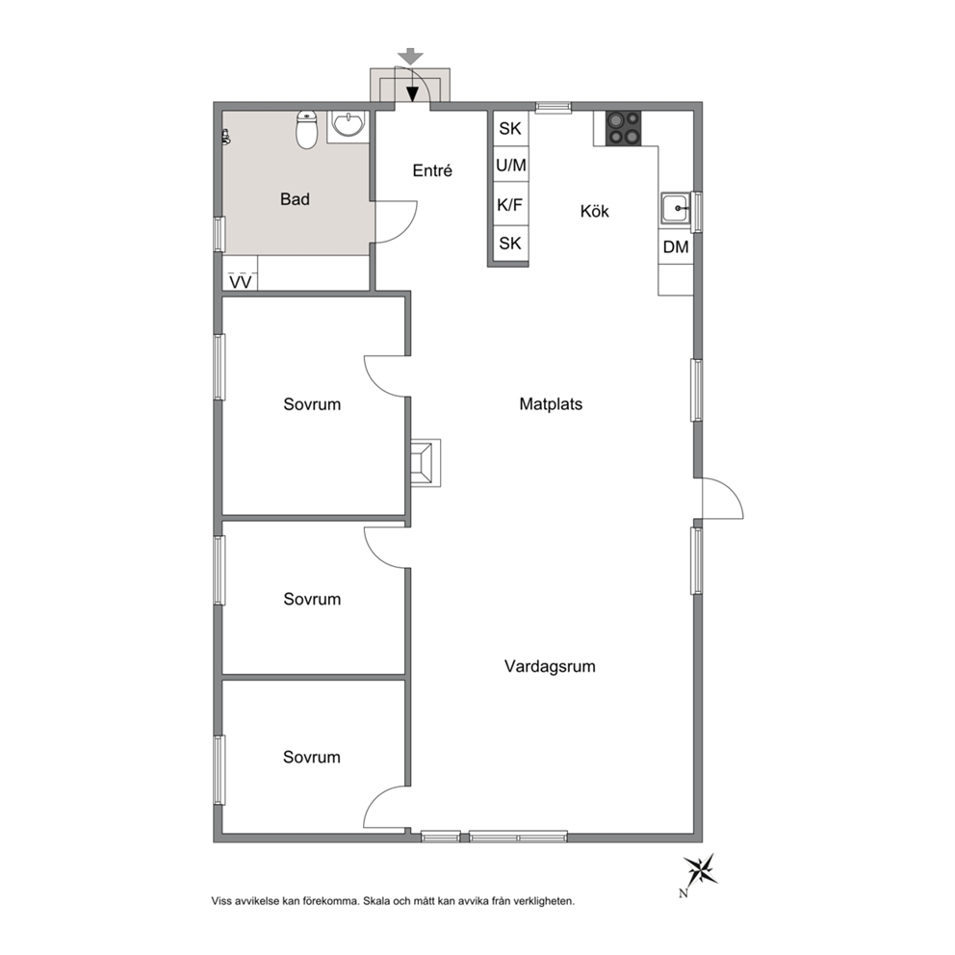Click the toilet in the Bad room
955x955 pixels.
click(x=307, y=130)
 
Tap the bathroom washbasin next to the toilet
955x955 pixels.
click(x=348, y=126)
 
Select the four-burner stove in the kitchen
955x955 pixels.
click(x=623, y=128)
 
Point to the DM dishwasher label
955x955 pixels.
click(x=676, y=246)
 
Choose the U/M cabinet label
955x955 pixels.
click(x=511, y=165)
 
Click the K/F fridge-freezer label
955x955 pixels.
click(x=510, y=205)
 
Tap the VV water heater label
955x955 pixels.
click(x=241, y=283)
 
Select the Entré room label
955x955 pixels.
click(x=432, y=170)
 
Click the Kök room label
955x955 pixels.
click(x=594, y=212)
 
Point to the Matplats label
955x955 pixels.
click(x=551, y=403)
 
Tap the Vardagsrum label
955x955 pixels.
click(x=550, y=666)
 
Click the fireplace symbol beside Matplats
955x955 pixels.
click(x=425, y=462)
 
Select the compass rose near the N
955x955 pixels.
click(x=702, y=868)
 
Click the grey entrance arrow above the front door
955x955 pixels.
click(x=412, y=57)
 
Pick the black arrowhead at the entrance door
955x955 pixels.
click(x=413, y=94)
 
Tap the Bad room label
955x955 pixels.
click(x=295, y=199)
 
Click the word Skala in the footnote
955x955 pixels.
click(x=377, y=901)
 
